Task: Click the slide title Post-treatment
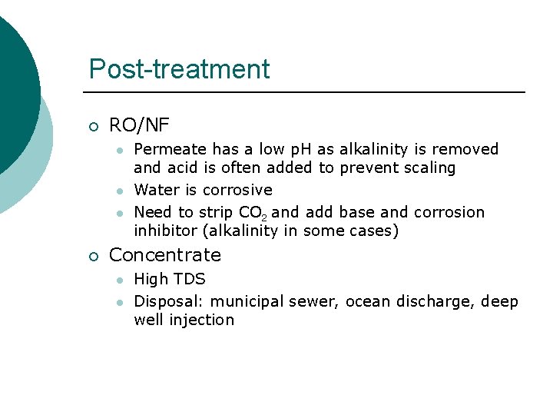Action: point(179,69)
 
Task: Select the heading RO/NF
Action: point(139,124)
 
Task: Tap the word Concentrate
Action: point(165,255)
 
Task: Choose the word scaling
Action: point(427,168)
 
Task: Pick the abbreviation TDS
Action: point(191,279)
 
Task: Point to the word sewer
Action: point(316,301)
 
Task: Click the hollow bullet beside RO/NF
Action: point(93,126)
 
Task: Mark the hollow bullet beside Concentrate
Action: point(93,256)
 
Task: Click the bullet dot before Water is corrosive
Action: point(119,191)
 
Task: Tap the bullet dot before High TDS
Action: point(119,280)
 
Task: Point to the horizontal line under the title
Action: point(307,93)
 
